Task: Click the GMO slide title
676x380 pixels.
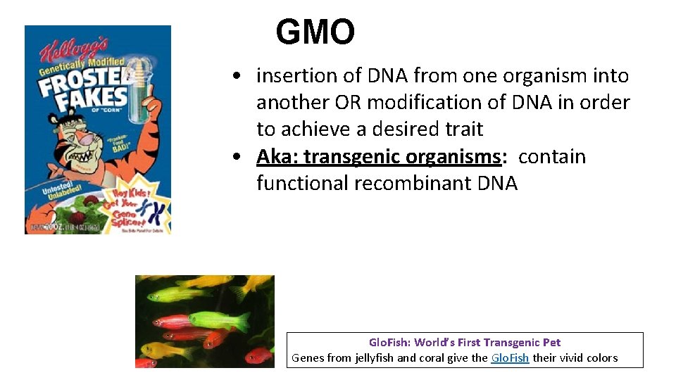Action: click(315, 32)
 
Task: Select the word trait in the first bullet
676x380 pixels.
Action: click(461, 129)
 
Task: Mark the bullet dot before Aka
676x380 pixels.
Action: click(241, 157)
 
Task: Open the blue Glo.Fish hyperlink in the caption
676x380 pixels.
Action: click(511, 358)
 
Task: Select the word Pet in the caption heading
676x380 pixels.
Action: click(551, 343)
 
